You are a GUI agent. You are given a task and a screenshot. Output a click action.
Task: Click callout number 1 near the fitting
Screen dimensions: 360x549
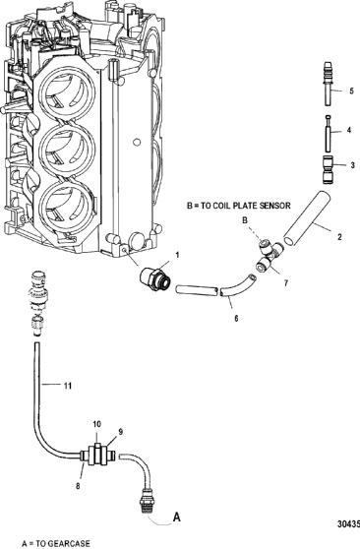177,255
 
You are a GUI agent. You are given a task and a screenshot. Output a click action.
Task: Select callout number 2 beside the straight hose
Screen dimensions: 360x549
339,237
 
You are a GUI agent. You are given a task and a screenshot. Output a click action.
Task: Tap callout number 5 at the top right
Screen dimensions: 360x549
351,91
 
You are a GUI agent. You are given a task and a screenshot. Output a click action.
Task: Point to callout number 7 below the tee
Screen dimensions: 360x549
286,283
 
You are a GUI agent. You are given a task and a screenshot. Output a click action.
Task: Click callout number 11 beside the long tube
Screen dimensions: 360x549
68,386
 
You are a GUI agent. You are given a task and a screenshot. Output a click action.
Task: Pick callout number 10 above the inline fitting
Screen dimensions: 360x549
96,424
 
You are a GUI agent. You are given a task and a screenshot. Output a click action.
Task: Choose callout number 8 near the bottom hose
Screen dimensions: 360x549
78,486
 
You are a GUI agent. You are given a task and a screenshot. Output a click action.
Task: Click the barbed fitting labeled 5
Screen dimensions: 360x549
327,84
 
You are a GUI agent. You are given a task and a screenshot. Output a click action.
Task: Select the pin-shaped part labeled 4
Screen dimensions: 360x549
328,134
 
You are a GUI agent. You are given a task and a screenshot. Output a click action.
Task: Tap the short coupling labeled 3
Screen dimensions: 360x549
328,169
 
